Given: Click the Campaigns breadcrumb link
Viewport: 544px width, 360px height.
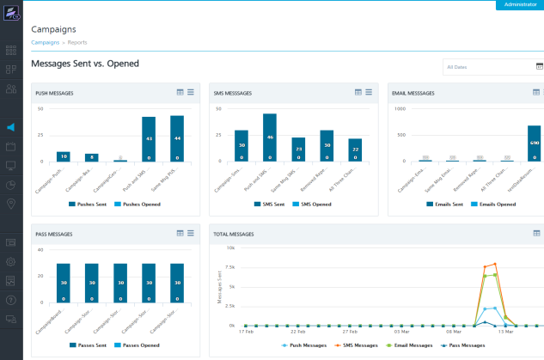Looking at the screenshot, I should tap(46, 42).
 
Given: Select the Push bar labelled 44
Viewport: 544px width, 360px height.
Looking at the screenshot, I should tap(177, 138).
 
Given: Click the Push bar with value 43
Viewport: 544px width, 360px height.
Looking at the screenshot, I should tap(149, 139).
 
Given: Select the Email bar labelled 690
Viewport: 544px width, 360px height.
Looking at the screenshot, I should tap(534, 143).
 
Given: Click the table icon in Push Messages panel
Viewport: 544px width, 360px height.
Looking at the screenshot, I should tap(180, 92).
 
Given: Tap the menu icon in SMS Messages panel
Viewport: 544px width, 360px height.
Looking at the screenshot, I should tap(369, 92).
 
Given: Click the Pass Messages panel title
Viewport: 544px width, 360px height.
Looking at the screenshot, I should tap(53, 234).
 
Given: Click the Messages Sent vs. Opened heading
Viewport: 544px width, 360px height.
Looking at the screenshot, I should tap(85, 64).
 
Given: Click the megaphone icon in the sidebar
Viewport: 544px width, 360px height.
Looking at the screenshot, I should tap(10, 127).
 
